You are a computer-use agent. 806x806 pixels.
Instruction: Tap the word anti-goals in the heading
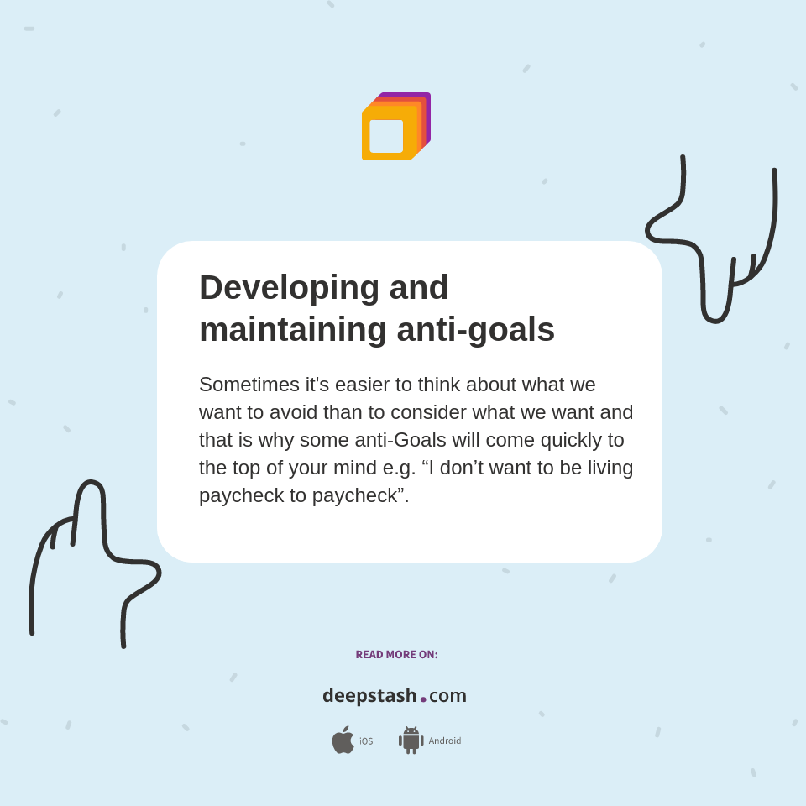[x=475, y=329]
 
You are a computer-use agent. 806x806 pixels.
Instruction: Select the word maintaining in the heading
[x=293, y=329]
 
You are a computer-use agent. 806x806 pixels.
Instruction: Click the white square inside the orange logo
[x=386, y=136]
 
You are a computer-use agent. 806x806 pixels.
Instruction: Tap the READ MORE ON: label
[x=396, y=655]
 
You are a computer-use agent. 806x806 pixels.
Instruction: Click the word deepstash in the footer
[x=369, y=696]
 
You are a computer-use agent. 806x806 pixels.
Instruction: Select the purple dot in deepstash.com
[x=423, y=699]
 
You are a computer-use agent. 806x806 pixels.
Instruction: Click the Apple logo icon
[x=343, y=740]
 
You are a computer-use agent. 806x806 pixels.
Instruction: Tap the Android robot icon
[x=411, y=740]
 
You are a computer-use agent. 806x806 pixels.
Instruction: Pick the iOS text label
[x=366, y=741]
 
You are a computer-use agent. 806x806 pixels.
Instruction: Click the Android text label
[x=444, y=741]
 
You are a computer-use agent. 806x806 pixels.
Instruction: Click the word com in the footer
[x=447, y=696]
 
